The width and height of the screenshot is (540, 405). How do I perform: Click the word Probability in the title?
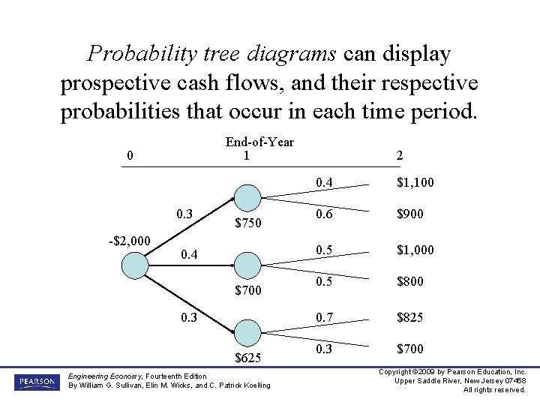139,53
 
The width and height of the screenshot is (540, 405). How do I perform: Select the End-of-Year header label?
259,142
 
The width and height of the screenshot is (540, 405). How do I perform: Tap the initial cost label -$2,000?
128,241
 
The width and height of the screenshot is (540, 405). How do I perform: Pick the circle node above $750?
247,198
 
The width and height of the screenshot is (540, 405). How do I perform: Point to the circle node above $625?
247,333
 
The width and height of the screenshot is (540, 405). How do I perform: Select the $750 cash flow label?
247,223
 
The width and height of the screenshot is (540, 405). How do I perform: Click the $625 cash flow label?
247,358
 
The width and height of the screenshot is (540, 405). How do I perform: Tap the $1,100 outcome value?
415,182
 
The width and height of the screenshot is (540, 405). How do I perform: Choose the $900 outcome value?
409,214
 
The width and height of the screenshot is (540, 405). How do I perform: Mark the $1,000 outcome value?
415,250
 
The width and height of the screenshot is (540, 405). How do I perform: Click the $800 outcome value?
409,281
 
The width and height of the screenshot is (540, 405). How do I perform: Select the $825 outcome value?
409,317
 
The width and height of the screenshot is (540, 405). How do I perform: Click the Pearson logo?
36,382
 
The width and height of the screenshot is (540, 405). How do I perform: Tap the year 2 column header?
399,155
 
